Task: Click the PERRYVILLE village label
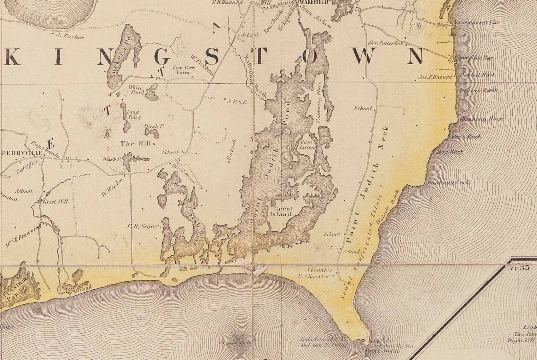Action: pyautogui.click(x=22, y=153)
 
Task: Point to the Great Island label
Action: pyautogui.click(x=281, y=212)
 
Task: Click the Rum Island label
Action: pyautogui.click(x=308, y=145)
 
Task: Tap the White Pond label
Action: pyautogui.click(x=136, y=90)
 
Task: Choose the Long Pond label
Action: pyautogui.click(x=133, y=115)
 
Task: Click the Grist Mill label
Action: pyautogui.click(x=56, y=201)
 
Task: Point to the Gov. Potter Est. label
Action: pyautogui.click(x=385, y=43)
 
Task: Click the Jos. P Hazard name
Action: pyautogui.click(x=435, y=77)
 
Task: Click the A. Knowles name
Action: pyautogui.click(x=319, y=270)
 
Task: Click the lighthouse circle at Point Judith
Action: pyautogui.click(x=363, y=340)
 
